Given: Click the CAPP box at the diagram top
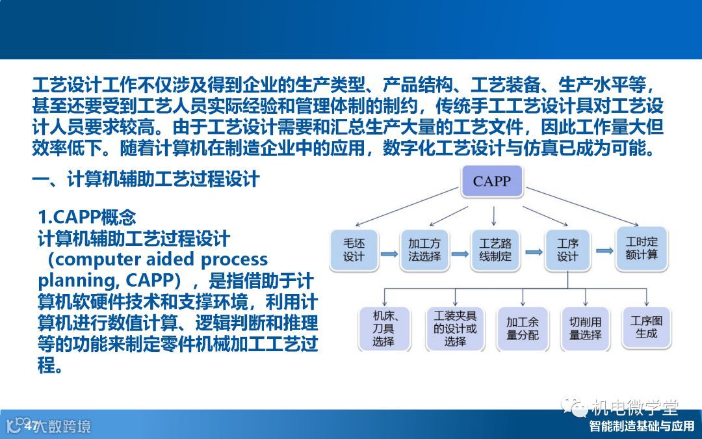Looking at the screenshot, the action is pos(492,181).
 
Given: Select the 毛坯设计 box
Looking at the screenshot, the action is pos(354,250).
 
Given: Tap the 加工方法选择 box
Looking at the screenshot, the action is pos(424,250).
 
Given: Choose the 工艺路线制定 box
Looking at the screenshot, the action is pos(495,250).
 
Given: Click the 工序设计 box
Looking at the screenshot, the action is pos(567,250).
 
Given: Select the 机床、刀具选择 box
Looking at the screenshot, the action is pos(383,328).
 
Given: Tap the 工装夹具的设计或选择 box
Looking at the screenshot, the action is pos(455,328).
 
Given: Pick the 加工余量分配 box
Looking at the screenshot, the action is pos(522,328).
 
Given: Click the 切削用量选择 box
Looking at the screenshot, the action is pos(585,328).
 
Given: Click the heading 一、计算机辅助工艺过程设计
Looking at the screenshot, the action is pos(146,179).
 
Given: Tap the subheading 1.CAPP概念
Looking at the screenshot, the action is pos(87,217).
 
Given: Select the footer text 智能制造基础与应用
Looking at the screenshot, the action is pos(642,427).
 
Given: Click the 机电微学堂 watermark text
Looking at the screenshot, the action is pos(634,407).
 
